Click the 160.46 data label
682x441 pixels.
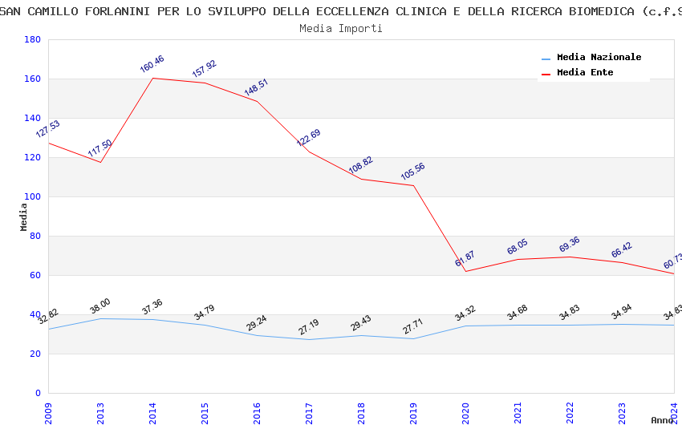pyautogui.click(x=152, y=64)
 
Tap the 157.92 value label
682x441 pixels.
pyautogui.click(x=204, y=69)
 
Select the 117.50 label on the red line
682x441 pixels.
pyautogui.click(x=99, y=148)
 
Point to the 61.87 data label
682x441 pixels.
pyautogui.click(x=465, y=258)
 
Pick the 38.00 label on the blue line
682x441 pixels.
pyautogui.click(x=99, y=305)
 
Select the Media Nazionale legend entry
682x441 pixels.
pyautogui.click(x=599, y=58)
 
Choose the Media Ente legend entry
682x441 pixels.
pyautogui.click(x=585, y=72)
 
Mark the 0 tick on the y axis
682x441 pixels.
pyautogui.click(x=37, y=393)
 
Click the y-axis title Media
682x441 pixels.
pyautogui.click(x=24, y=216)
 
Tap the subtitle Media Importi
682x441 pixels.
pyautogui.click(x=341, y=28)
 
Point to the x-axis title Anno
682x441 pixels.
pyautogui.click(x=662, y=420)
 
